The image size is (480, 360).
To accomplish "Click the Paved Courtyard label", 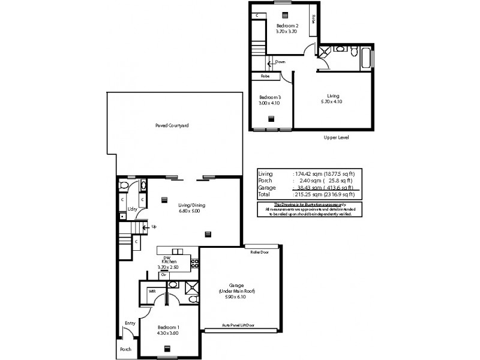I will tap(172, 125).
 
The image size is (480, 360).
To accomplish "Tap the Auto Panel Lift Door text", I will tap(238, 325).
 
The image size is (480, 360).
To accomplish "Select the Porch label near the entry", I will tap(125, 349).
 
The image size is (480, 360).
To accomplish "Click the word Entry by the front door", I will tap(130, 323).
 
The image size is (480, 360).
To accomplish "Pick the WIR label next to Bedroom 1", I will tap(153, 292).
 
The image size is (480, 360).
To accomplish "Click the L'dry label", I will tap(133, 209).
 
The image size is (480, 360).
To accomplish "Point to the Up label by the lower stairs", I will tap(154, 227).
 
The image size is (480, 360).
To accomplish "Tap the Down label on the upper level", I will tap(280, 62).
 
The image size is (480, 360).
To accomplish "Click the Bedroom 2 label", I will tap(287, 27).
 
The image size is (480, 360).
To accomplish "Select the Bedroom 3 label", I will tap(270, 100).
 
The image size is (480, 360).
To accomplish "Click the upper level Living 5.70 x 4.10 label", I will tap(333, 99).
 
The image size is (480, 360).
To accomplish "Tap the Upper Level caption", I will tap(336, 137).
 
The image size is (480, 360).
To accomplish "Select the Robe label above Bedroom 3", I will tap(265, 76).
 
